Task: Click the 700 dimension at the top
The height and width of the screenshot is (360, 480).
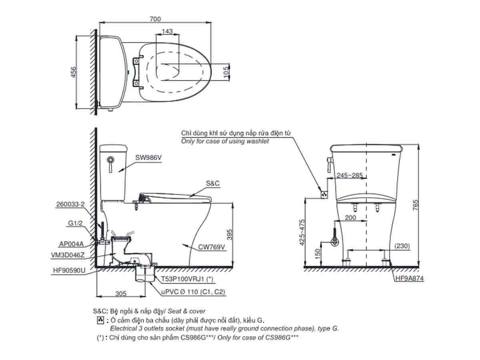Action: click(155, 19)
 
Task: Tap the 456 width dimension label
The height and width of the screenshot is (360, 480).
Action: click(74, 72)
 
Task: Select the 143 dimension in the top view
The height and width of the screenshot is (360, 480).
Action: click(167, 31)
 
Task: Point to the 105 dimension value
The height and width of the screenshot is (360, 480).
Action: click(226, 72)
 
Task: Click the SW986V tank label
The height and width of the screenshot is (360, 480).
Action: click(148, 158)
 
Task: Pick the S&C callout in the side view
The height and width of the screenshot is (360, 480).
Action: click(212, 183)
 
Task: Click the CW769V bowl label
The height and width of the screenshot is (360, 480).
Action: click(212, 247)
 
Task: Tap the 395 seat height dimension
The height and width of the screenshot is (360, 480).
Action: click(229, 234)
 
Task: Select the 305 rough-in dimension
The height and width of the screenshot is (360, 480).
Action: click(121, 294)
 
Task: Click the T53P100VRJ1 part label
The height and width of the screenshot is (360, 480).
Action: click(187, 279)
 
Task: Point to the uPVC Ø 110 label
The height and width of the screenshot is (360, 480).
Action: click(193, 292)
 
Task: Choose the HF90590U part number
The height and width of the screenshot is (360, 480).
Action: click(69, 270)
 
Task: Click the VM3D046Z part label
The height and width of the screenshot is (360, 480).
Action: click(68, 255)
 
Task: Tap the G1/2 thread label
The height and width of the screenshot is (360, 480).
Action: click(75, 223)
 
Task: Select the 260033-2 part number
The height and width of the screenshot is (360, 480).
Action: click(70, 204)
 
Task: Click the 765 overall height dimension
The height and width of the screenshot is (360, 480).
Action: click(415, 205)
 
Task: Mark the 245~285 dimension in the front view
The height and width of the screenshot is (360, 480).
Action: click(350, 175)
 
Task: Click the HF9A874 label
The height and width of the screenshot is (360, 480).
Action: click(409, 278)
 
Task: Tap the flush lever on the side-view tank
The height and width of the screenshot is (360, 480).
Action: click(111, 164)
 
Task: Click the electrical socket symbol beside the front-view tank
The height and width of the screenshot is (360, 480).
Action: click(324, 194)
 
